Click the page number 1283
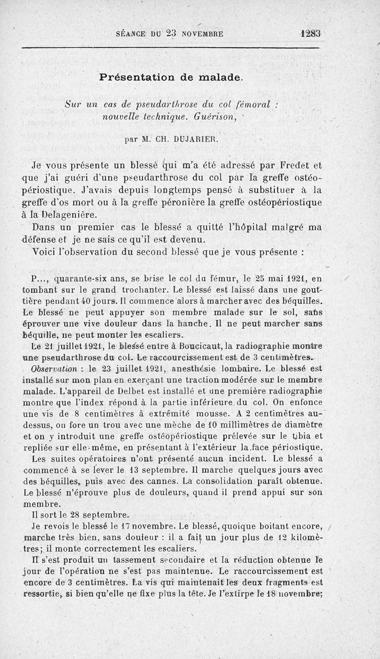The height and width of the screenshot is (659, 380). pos(311,34)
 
